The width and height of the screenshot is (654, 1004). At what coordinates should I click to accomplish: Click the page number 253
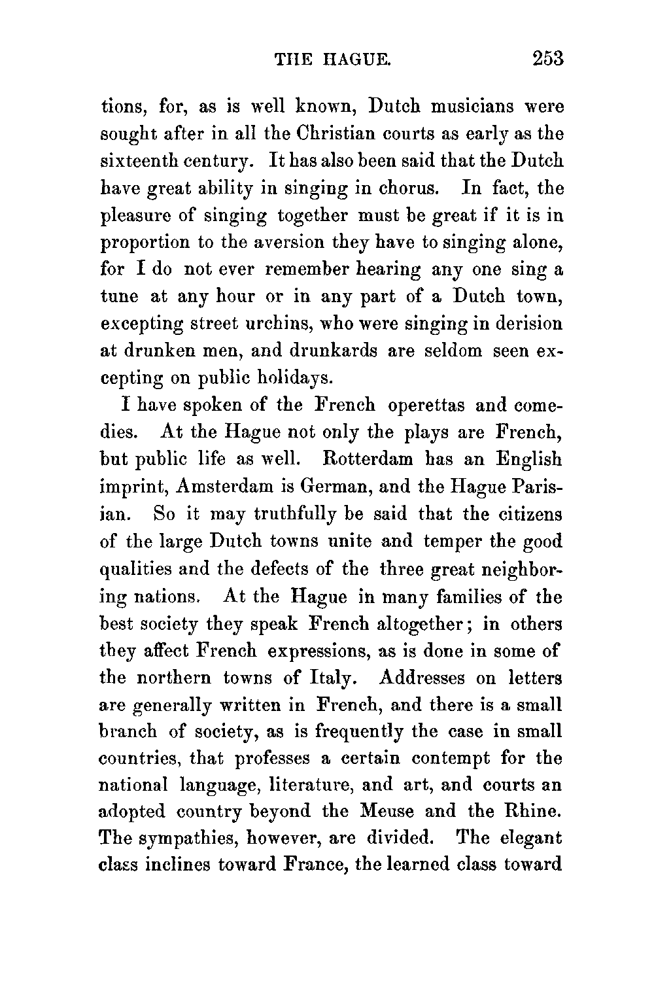(x=547, y=59)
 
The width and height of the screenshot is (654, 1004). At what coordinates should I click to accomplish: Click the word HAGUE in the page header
(x=357, y=60)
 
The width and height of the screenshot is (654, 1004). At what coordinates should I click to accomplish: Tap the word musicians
(x=473, y=106)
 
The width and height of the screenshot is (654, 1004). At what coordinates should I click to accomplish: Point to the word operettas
(x=426, y=406)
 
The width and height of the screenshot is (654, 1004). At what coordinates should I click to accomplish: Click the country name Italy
(x=332, y=678)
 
